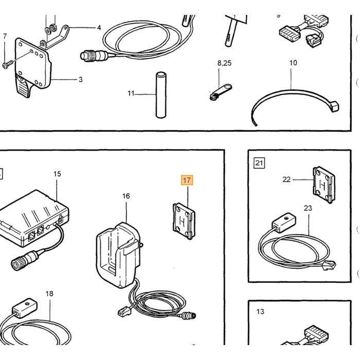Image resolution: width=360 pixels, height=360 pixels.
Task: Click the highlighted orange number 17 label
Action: (x=187, y=180)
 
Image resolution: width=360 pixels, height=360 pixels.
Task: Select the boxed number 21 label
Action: (x=259, y=163)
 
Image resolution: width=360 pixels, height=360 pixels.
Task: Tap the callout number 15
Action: (x=57, y=174)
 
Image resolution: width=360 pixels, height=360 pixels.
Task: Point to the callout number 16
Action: (x=126, y=196)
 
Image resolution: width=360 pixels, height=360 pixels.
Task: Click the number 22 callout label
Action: (x=286, y=179)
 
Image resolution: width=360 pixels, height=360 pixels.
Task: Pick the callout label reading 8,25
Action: (x=224, y=63)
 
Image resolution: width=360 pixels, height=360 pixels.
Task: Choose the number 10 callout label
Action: (x=293, y=63)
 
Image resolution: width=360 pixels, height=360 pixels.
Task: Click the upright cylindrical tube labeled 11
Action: (x=161, y=95)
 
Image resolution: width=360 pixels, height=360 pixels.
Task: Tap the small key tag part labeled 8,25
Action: (x=221, y=92)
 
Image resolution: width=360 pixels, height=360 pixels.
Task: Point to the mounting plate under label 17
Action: (x=184, y=221)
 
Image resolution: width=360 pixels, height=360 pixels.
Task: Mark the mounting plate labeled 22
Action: (x=323, y=185)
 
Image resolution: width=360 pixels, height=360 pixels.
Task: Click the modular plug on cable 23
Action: (x=330, y=266)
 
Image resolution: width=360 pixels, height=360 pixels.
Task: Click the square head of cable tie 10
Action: (x=334, y=107)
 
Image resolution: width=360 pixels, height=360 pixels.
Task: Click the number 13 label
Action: (x=260, y=312)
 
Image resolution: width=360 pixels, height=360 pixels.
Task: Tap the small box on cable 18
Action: (x=25, y=308)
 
